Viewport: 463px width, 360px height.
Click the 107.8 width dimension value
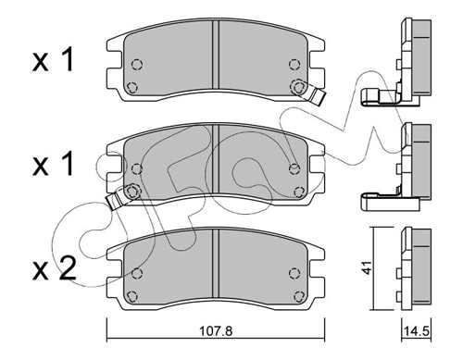tap(216, 331)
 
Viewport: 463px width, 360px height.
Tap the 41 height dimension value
tap(367, 267)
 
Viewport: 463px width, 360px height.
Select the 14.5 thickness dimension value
tap(417, 331)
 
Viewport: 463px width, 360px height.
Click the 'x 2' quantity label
tap(54, 268)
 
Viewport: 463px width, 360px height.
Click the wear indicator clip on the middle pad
tap(117, 199)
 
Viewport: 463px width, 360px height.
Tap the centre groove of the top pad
tap(216, 55)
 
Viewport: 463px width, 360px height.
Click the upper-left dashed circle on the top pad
tap(137, 65)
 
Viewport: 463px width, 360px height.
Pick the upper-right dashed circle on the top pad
tap(294, 65)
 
